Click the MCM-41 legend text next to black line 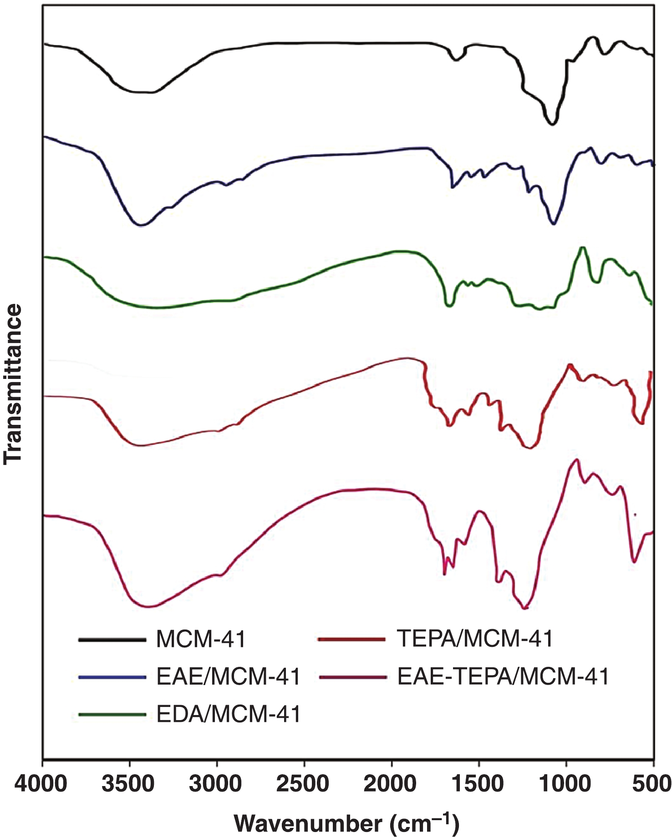[x=201, y=639]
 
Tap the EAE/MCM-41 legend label [x=228, y=677]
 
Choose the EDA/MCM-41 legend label [x=228, y=714]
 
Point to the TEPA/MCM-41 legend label [x=475, y=639]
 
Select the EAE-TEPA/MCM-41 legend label [x=503, y=677]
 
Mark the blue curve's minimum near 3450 [x=141, y=225]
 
